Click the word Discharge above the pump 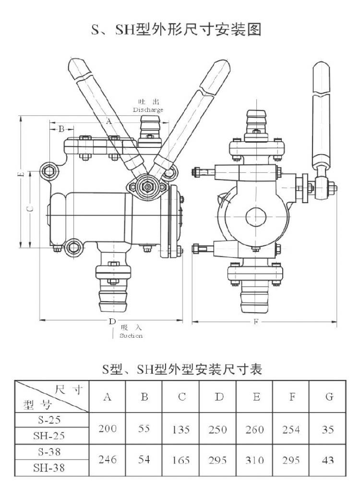[148, 110]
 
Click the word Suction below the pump [131, 336]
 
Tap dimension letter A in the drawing [108, 122]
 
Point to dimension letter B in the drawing [61, 129]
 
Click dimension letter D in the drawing [111, 320]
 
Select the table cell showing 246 [108, 460]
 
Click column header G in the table [329, 397]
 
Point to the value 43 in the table [328, 460]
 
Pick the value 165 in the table [181, 460]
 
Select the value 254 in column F [291, 429]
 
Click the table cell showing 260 [254, 429]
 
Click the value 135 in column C [181, 429]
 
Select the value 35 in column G [328, 429]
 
